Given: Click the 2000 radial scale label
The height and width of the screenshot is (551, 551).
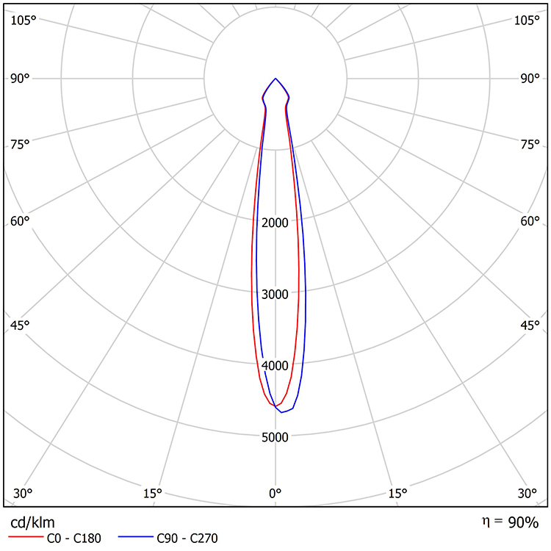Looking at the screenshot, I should click(x=275, y=223).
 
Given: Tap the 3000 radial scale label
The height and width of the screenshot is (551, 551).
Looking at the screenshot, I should click(x=275, y=294).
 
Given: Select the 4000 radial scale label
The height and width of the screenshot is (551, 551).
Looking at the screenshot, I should click(x=275, y=365).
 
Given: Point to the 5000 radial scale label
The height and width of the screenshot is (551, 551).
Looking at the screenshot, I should click(x=275, y=437).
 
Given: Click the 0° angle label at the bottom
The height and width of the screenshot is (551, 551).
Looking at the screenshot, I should click(x=275, y=492).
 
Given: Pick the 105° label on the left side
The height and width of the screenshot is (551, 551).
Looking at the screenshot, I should click(x=24, y=20).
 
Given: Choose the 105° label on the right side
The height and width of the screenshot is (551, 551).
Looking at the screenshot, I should click(x=527, y=20).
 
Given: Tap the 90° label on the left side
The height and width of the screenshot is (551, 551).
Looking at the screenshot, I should click(x=21, y=79).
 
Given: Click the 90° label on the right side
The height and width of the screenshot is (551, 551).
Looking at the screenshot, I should click(x=530, y=79).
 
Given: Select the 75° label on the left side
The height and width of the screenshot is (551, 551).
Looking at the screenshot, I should click(x=21, y=144).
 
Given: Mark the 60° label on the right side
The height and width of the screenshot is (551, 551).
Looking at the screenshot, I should click(x=530, y=220).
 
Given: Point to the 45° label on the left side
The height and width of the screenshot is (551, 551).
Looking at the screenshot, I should click(x=21, y=325).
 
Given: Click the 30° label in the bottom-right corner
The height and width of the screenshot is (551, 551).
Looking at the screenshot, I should click(x=527, y=492).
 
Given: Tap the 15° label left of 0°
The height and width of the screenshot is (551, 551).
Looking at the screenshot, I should click(x=153, y=492).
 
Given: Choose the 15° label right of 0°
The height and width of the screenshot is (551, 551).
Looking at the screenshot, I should click(x=397, y=492).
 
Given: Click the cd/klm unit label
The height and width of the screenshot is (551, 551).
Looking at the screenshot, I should click(x=32, y=522).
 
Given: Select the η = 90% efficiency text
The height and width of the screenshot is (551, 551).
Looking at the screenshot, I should click(x=510, y=522).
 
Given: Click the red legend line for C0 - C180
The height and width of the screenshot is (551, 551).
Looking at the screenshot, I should click(x=26, y=539).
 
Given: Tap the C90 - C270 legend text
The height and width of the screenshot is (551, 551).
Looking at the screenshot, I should click(x=187, y=539).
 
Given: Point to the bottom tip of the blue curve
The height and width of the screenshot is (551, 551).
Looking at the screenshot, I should click(x=281, y=412).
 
